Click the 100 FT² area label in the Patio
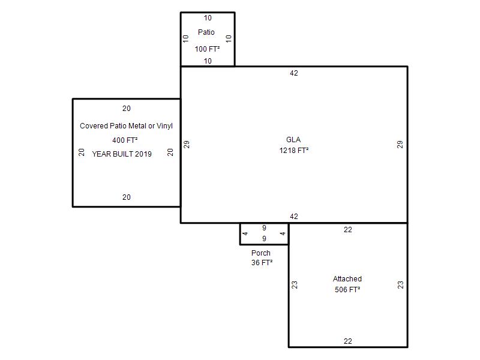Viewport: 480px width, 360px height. [207, 49]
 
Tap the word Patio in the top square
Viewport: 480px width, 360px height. [206, 32]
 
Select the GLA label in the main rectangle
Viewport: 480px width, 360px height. [293, 140]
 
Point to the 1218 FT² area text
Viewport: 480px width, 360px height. [294, 151]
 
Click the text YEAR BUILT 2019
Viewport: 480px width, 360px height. [122, 154]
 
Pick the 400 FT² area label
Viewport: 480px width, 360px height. [125, 140]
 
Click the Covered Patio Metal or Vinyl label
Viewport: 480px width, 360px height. [126, 126]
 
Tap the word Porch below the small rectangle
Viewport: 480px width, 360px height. [261, 253]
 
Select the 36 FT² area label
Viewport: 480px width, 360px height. [262, 263]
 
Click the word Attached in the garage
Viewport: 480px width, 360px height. [347, 279]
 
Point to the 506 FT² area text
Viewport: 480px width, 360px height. [347, 290]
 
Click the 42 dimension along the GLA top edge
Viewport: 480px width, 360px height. [294, 73]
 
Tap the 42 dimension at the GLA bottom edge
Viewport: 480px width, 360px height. [294, 217]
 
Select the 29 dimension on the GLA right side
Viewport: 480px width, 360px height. [400, 145]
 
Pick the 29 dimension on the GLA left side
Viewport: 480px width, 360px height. [187, 145]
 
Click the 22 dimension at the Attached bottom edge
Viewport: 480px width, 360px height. [348, 341]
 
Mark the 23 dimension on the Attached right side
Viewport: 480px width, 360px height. [400, 285]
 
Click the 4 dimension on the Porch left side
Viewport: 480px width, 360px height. [245, 233]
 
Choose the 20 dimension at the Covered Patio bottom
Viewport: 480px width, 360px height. [127, 197]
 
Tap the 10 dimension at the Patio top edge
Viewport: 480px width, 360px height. [208, 18]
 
